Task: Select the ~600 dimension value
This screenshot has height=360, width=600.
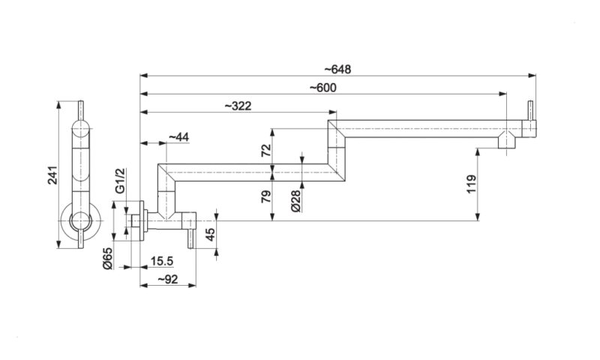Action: [x=322, y=88]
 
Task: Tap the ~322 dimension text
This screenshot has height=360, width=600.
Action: [x=237, y=106]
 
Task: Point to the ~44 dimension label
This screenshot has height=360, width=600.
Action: [x=178, y=136]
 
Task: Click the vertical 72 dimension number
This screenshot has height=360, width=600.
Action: [x=265, y=149]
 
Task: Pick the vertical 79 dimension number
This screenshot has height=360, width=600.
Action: [x=265, y=196]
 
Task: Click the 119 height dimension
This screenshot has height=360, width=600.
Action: [x=471, y=184]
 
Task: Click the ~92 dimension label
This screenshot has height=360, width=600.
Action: [x=167, y=280]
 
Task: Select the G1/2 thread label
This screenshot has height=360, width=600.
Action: [x=120, y=183]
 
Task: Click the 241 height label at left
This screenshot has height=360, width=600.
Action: [x=53, y=178]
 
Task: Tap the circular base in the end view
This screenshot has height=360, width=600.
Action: [x=80, y=221]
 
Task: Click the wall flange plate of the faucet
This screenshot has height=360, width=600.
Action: [x=142, y=222]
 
